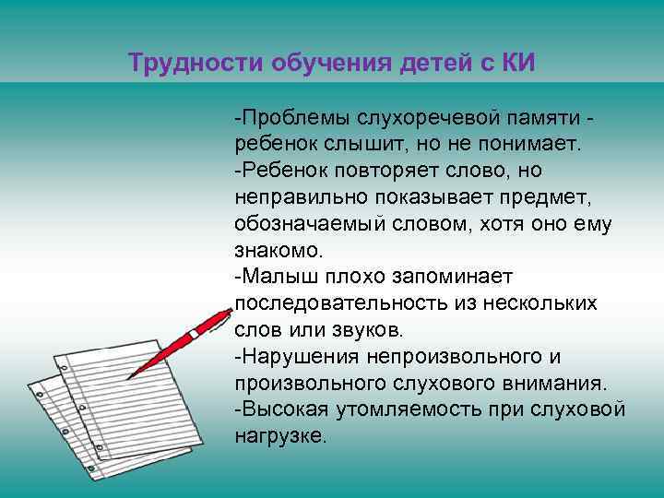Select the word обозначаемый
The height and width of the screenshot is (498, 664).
click(x=301, y=224)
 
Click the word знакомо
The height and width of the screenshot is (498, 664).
click(x=279, y=250)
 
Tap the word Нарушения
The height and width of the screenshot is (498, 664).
click(x=290, y=356)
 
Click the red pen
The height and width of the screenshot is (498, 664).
click(x=184, y=341)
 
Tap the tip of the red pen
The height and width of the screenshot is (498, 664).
click(x=127, y=378)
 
